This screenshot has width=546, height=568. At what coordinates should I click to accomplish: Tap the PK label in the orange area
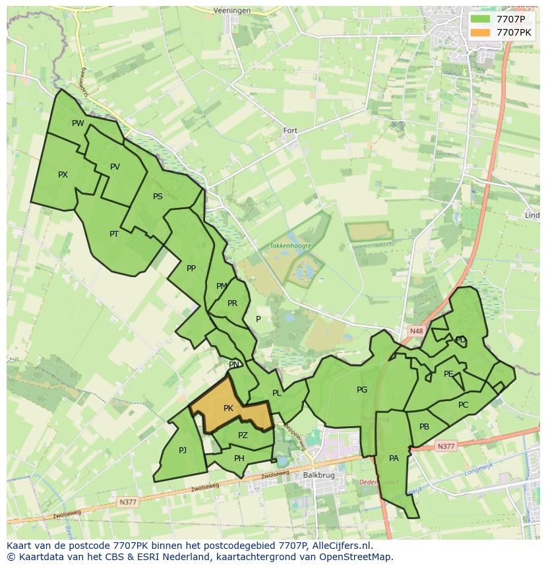pos(228,408)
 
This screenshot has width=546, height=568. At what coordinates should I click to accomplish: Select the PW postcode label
pos(78,123)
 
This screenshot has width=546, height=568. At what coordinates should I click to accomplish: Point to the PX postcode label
pos(63,175)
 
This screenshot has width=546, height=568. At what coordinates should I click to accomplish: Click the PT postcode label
pos(114,234)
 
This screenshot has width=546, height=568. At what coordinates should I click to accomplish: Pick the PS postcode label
pos(158,197)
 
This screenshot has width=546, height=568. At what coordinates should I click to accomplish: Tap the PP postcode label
pos(191,268)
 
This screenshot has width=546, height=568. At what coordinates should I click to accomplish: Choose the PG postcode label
pos(362,390)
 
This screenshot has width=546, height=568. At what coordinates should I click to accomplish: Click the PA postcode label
pos(394,458)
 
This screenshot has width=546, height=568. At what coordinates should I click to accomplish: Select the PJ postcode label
pos(183,451)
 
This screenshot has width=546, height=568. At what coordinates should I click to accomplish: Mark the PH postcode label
pos(239,458)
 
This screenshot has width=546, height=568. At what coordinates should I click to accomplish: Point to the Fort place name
pos(290,131)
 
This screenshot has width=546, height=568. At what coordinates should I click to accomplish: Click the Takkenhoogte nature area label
pos(290,245)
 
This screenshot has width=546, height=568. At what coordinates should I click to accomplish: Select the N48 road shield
pos(415,331)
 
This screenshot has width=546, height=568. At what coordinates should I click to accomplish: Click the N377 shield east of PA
pos(446,447)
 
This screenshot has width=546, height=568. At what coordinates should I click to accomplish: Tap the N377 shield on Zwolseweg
pos(127,502)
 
